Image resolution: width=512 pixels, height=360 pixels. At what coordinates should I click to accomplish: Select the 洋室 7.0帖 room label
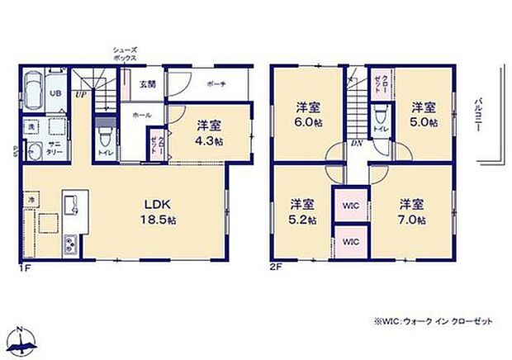pos(411,211)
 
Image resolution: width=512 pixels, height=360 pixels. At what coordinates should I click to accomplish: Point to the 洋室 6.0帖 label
pos(308,114)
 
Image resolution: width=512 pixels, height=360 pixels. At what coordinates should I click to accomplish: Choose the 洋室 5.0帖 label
pos(424,114)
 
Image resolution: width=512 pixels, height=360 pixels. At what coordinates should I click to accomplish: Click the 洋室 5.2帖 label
pos(301,211)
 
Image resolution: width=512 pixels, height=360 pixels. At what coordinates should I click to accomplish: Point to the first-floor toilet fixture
pos(104,132)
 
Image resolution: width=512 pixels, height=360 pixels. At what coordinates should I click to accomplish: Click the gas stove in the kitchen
pos(69,244)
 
